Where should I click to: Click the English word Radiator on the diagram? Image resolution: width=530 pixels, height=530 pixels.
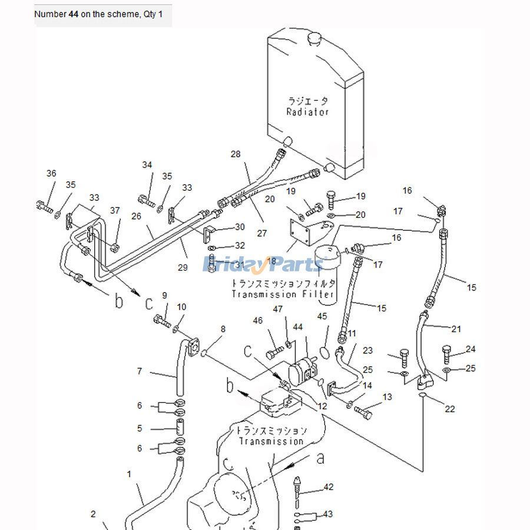point(307,112)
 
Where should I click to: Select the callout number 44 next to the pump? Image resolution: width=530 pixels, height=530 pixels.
point(298,327)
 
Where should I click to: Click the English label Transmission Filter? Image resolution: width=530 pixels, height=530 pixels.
point(283,294)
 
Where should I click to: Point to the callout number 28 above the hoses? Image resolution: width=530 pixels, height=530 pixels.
point(236,154)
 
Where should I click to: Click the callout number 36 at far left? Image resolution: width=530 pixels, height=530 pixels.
point(51,173)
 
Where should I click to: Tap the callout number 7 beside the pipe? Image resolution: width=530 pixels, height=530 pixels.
point(140,371)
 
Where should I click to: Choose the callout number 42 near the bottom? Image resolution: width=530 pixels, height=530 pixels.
point(329,487)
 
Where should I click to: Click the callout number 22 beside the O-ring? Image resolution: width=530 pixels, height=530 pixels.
point(450,409)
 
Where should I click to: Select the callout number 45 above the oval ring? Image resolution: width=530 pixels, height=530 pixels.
point(322,316)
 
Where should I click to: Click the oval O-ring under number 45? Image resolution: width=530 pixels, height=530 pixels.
point(323,353)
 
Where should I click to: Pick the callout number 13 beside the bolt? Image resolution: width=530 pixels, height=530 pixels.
point(387,397)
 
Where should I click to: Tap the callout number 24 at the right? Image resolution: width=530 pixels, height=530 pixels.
point(470,349)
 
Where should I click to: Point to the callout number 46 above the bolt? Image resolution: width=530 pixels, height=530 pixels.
point(257,321)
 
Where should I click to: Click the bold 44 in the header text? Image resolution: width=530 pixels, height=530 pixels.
point(74,14)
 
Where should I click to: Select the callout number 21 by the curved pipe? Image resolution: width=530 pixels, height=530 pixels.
point(456,329)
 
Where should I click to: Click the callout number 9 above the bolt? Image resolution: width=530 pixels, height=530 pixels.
point(165,295)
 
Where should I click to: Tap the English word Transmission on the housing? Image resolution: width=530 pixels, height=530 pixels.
point(271,441)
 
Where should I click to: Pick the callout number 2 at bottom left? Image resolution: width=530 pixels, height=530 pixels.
point(93,514)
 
